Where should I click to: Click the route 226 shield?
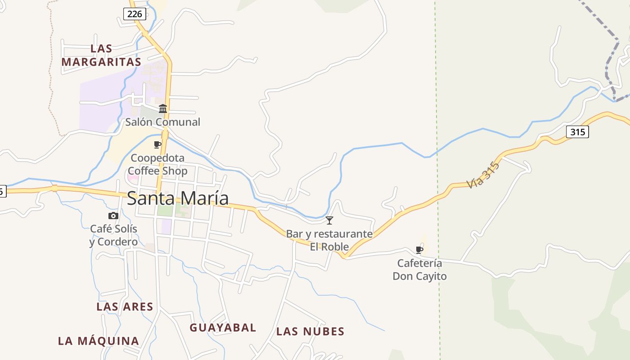click(135, 14)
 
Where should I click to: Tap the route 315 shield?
click(577, 132)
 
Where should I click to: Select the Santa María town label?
click(178, 198)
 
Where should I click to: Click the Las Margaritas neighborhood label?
click(101, 55)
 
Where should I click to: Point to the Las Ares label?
click(125, 307)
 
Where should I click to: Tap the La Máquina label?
click(99, 341)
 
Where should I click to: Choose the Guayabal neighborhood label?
click(223, 328)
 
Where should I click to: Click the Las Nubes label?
click(310, 332)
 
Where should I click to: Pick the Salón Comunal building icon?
click(163, 109)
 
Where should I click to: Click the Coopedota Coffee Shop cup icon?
click(157, 144)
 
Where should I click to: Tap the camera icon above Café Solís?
click(113, 216)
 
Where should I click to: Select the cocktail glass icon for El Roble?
click(329, 220)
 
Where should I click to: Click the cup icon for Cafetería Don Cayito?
click(419, 250)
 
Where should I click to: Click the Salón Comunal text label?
click(162, 122)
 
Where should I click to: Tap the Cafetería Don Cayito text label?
click(419, 270)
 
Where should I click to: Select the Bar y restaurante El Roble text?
click(329, 240)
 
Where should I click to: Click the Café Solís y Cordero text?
click(113, 235)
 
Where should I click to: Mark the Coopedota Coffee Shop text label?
click(157, 164)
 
